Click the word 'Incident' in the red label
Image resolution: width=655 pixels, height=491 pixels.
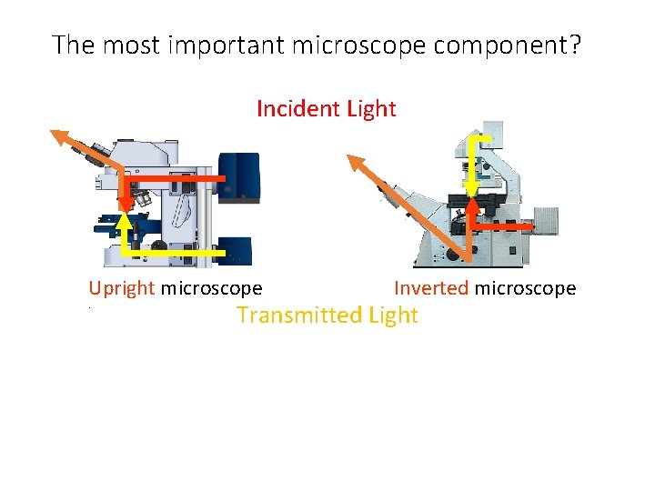(x=297, y=109)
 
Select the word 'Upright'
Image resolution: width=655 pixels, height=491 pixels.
(x=122, y=289)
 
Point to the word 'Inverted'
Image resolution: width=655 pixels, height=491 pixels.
(x=430, y=288)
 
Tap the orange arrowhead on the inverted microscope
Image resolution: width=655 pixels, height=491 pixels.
(x=353, y=162)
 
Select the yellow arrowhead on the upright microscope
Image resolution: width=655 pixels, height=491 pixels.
(x=123, y=217)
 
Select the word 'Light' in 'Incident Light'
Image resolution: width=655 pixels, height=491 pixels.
(x=371, y=109)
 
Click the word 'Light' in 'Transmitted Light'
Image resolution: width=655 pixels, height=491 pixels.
(x=393, y=316)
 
